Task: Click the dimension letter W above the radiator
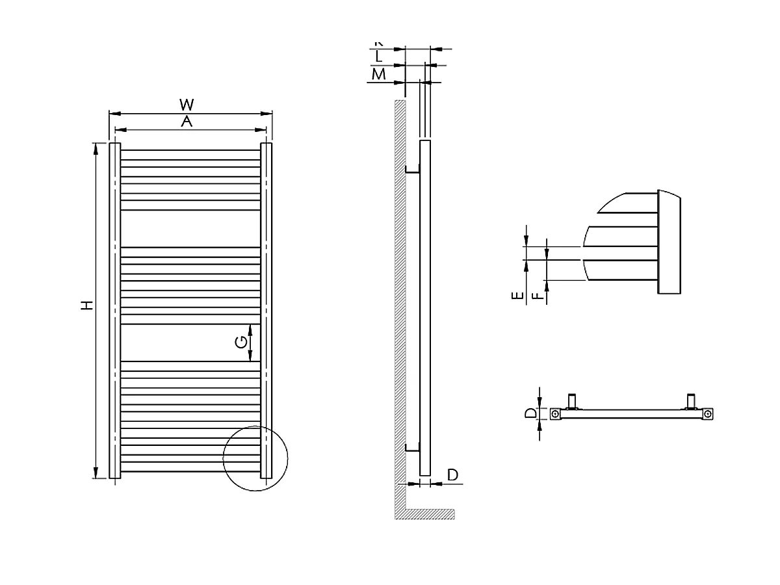tap(187, 104)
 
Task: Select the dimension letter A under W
tap(187, 122)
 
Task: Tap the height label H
tap(87, 305)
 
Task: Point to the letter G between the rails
tap(240, 342)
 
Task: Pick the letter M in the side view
tap(378, 74)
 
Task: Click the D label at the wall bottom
tap(453, 475)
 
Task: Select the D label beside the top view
tap(530, 413)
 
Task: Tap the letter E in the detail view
tap(517, 296)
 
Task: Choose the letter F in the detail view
tap(537, 296)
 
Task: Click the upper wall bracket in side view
tap(412, 170)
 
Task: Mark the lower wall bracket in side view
tap(412, 447)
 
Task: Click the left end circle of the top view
tap(555, 413)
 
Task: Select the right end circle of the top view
tap(709, 413)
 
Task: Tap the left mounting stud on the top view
tap(573, 401)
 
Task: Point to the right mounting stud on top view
tap(692, 401)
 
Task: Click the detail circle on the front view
tap(255, 458)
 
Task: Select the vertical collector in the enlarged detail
tap(669, 242)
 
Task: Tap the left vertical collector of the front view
tap(114, 311)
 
